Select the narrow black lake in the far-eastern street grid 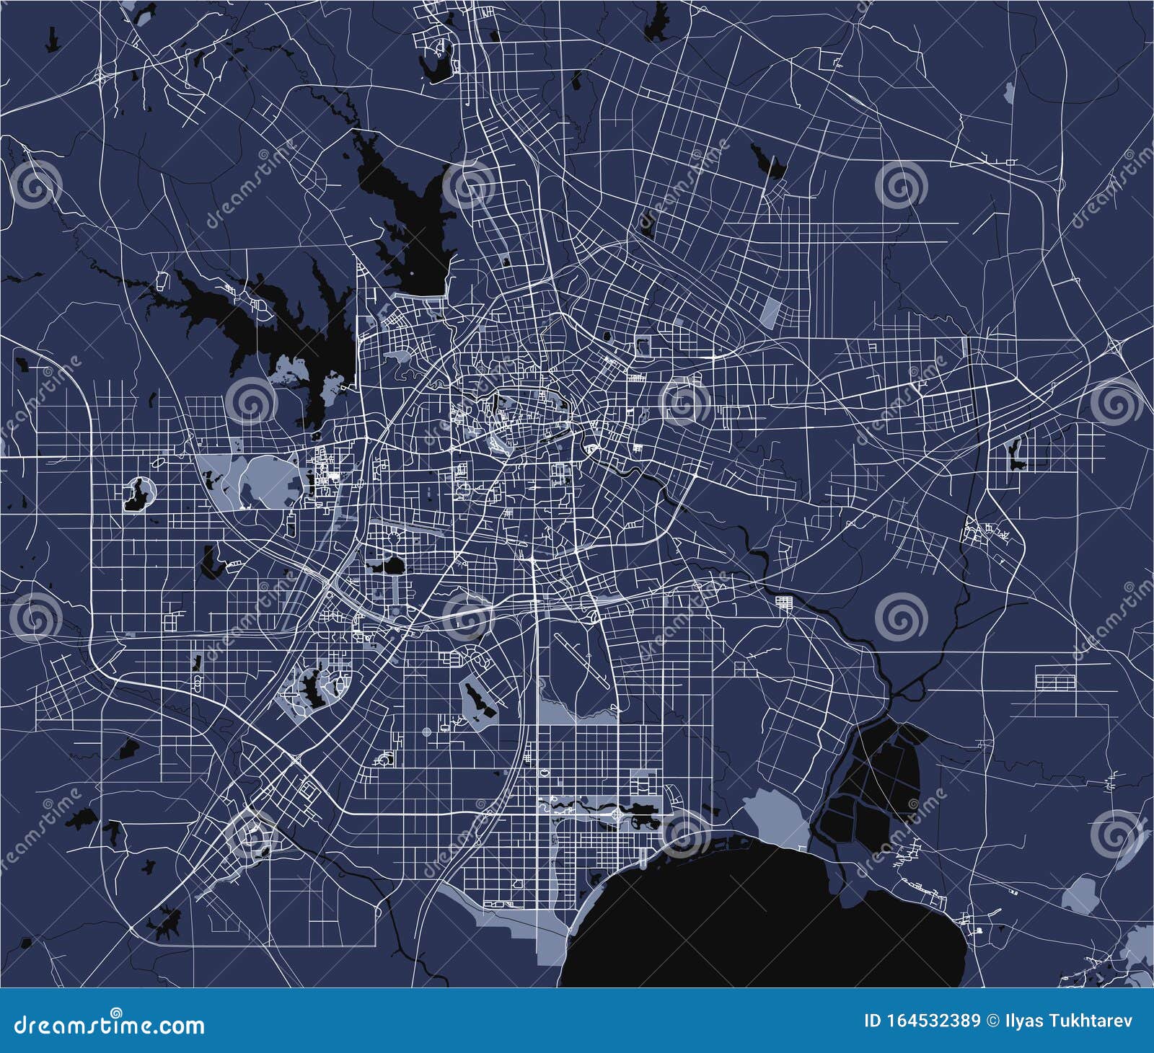tap(1017, 454)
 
